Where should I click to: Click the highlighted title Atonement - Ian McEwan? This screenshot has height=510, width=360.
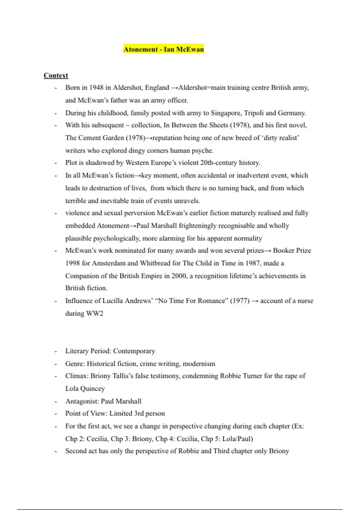coord(163,49)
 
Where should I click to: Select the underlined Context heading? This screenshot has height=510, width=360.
coord(56,75)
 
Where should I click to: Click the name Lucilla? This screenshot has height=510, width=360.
coord(113,301)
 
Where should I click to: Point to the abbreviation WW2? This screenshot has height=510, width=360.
coord(95,313)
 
